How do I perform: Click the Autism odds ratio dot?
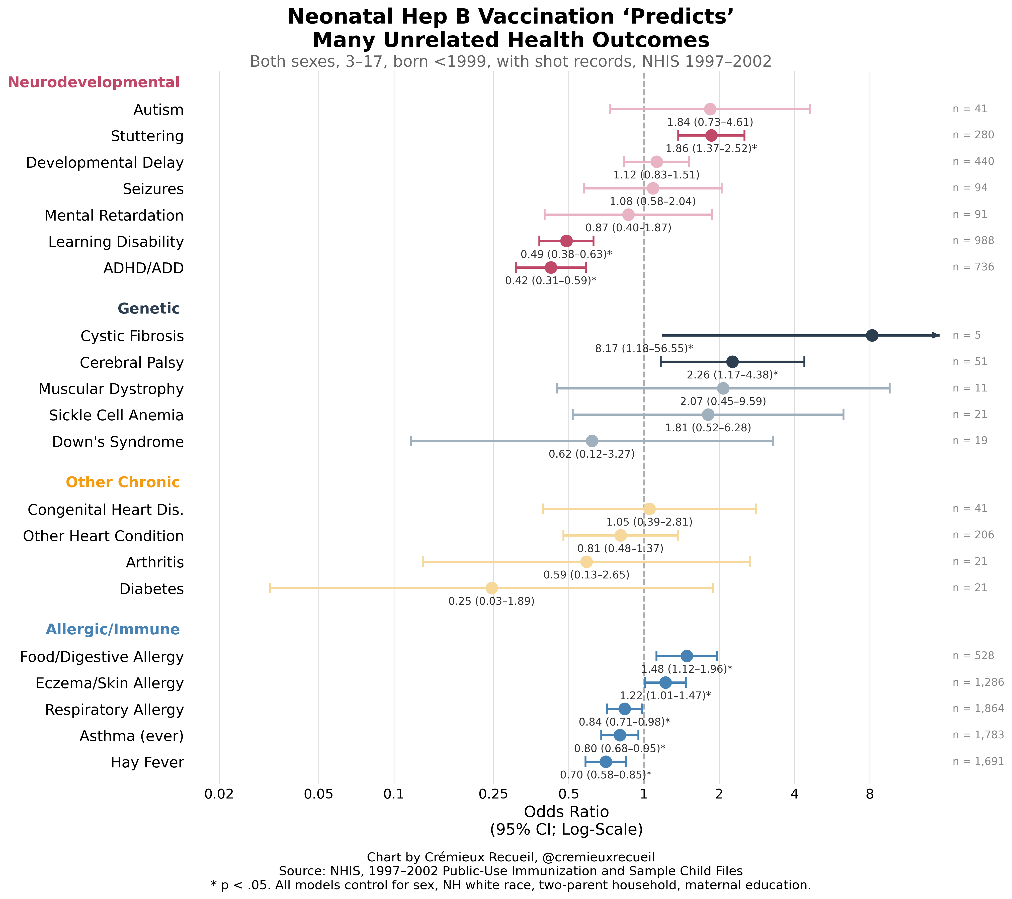coord(710,109)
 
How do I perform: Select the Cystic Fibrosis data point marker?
coord(872,335)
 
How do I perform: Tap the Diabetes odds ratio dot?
coord(492,588)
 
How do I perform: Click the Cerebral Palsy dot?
coord(732,362)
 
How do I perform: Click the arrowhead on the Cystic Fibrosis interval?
coord(935,335)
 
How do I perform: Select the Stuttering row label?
coord(147,136)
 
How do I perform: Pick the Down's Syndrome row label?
coord(118,442)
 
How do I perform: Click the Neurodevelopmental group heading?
coord(94,82)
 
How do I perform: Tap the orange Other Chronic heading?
coord(123,482)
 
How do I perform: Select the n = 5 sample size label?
coord(966,335)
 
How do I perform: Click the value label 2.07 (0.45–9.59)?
coord(723,401)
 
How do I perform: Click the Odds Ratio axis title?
coord(566,812)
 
